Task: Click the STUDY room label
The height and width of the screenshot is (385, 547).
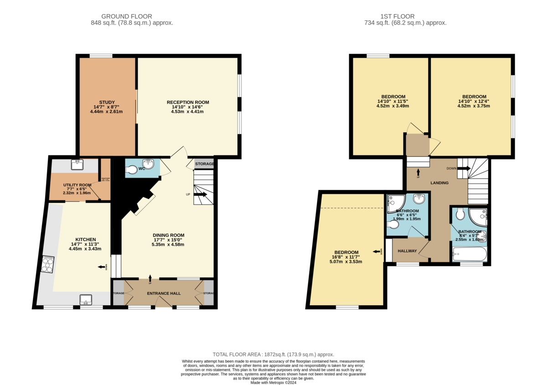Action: [107, 102]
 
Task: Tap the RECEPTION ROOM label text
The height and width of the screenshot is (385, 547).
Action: [187, 102]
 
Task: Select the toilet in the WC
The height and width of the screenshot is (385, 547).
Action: [132, 169]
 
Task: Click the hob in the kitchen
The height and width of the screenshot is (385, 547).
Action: [47, 265]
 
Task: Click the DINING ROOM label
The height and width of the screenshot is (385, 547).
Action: [168, 235]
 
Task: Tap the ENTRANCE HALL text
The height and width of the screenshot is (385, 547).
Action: [164, 293]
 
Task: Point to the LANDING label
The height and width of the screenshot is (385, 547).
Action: [439, 183]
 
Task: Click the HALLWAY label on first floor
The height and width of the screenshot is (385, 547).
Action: [408, 251]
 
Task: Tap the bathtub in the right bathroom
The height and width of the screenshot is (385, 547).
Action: [469, 254]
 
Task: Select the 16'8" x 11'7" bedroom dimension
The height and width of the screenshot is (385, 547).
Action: [346, 257]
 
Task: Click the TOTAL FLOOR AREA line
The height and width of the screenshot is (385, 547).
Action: [273, 354]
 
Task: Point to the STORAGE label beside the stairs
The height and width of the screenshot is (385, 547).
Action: [204, 164]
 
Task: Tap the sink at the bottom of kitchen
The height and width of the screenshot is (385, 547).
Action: [86, 300]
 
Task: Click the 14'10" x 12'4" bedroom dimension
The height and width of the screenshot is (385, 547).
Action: [474, 101]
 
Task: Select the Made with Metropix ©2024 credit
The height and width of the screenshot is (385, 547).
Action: [273, 383]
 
